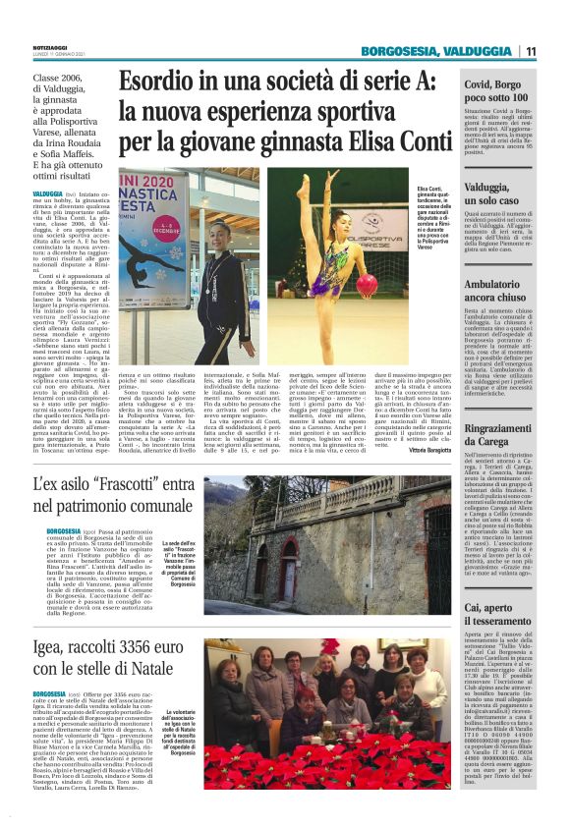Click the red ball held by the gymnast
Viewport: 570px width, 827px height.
366,286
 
